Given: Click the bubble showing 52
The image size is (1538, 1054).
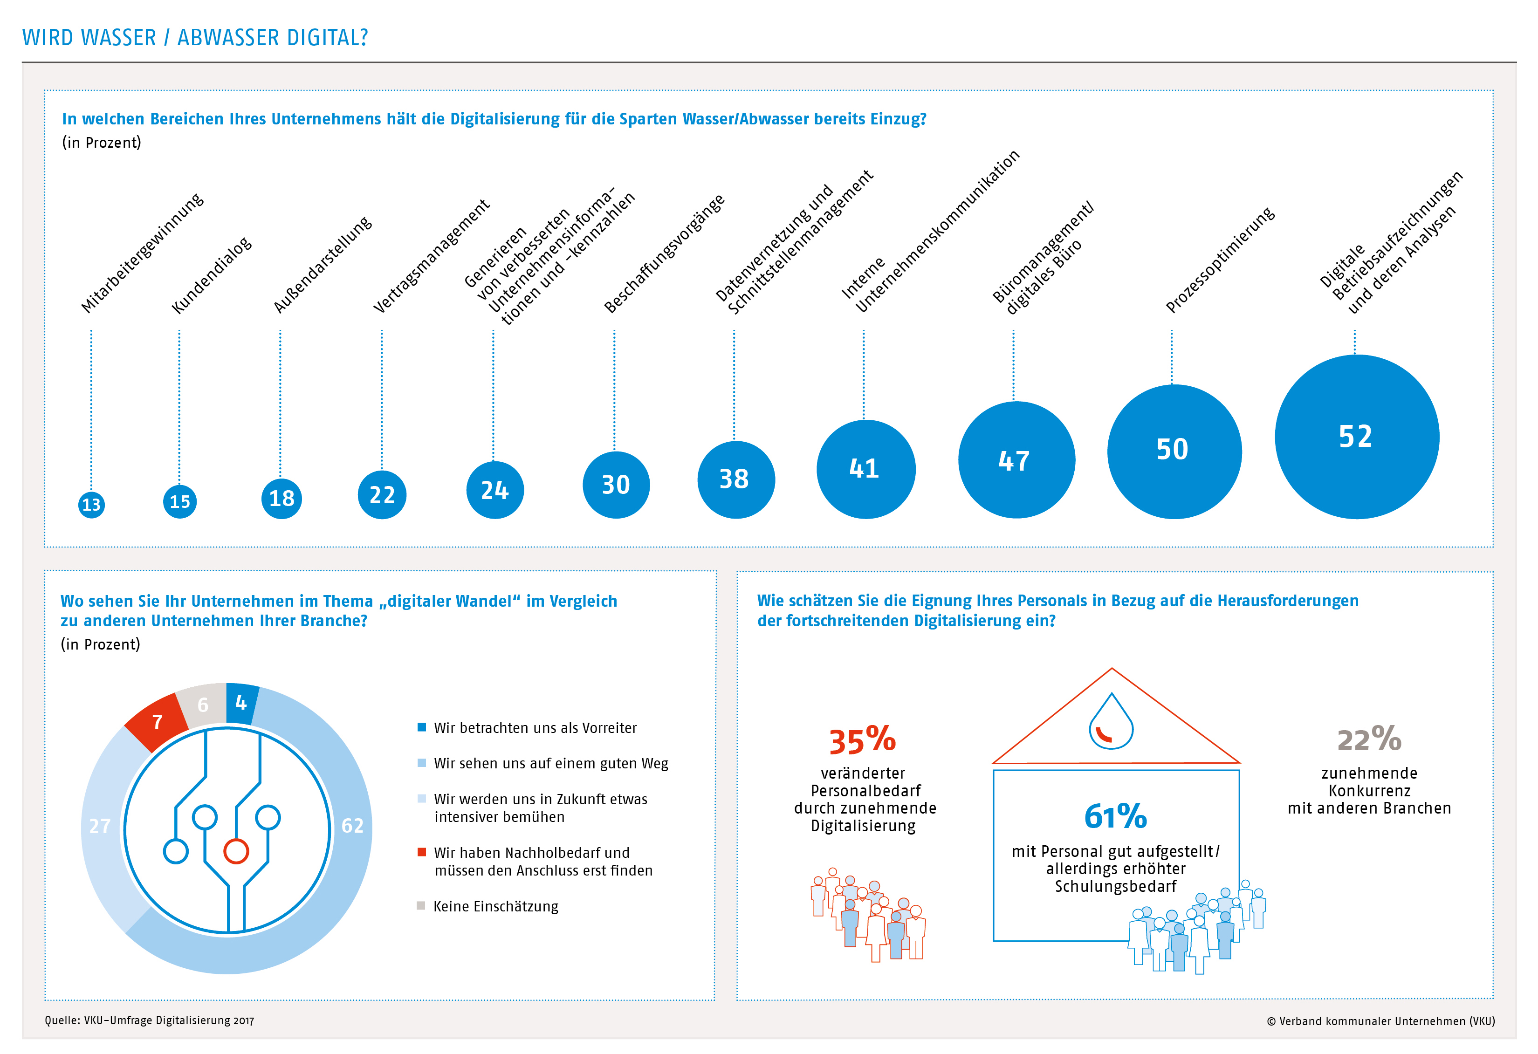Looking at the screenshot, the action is click(1357, 437).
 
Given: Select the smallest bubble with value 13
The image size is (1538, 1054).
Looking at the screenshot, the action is click(91, 505).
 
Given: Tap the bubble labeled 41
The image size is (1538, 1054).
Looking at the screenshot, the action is click(865, 469).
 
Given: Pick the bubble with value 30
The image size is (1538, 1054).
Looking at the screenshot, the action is click(616, 485).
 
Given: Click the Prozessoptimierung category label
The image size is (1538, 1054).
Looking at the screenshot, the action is click(1219, 260).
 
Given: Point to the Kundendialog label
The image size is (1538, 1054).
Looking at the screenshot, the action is click(211, 274).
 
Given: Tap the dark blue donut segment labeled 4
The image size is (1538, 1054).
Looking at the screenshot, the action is click(241, 703).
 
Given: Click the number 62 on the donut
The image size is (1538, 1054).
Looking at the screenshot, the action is click(352, 826).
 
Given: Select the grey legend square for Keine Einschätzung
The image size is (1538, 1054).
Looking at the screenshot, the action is click(421, 905).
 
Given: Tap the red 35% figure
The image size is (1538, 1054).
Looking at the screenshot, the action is click(862, 740).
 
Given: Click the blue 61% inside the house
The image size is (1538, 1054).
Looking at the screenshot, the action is click(1115, 816).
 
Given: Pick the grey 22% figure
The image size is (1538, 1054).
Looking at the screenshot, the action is click(1369, 739).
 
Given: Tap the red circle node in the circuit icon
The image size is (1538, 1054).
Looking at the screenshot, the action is click(236, 851).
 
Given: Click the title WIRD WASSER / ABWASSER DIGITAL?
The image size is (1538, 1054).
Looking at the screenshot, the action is click(195, 38).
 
